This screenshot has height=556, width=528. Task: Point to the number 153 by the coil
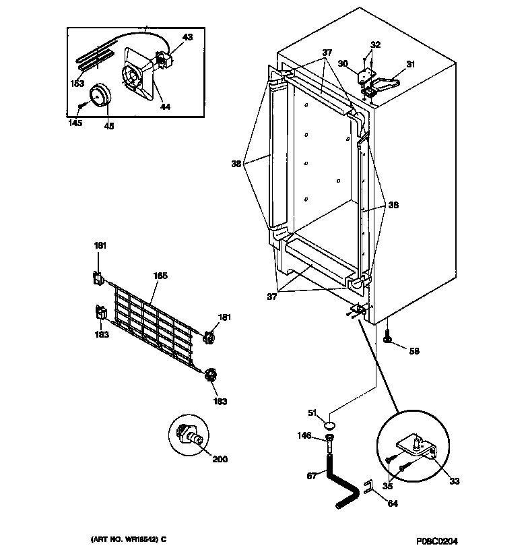[x=77, y=84]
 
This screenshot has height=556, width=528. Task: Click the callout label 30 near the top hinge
[x=343, y=63]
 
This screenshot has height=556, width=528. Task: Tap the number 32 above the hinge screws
[x=375, y=44]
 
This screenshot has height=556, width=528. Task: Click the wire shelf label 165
[x=161, y=276]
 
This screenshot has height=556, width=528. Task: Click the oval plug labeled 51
[x=330, y=425]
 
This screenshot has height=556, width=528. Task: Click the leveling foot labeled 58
[x=389, y=337]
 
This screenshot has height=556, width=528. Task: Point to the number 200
[x=220, y=460]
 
